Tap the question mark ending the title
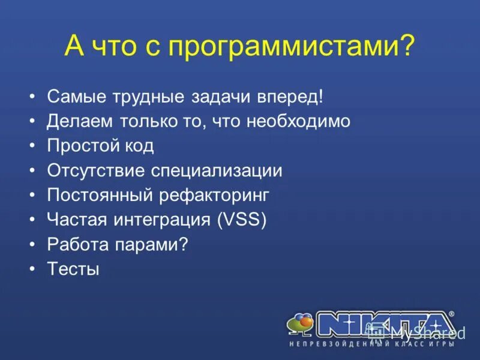click(407, 46)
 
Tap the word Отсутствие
click(96, 170)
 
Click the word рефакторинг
click(214, 195)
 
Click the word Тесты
click(73, 269)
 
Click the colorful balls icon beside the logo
click(300, 325)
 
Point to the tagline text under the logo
click(372, 344)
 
